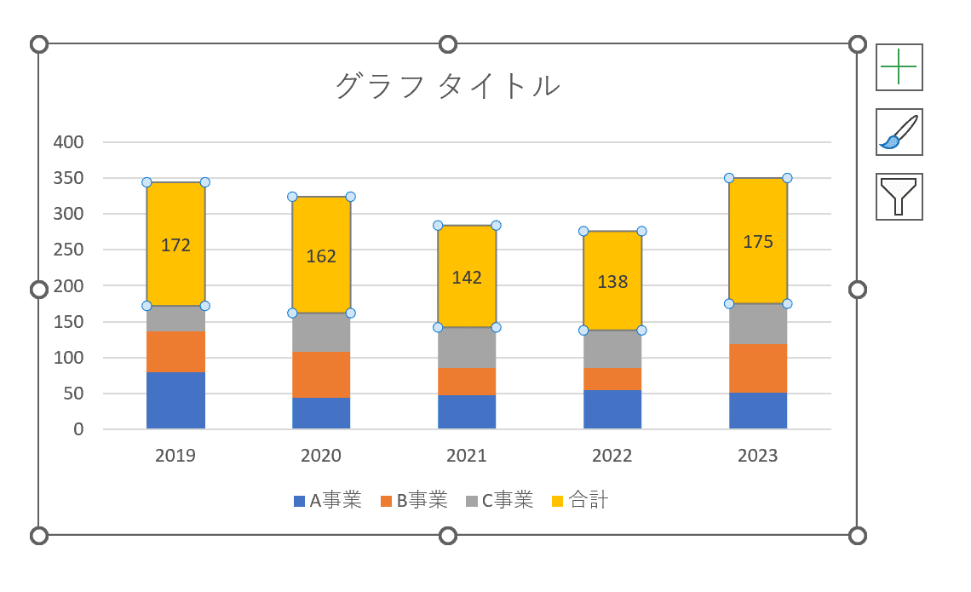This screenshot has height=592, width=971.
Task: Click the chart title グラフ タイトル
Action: (448, 86)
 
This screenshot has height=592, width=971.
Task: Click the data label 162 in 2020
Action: (321, 256)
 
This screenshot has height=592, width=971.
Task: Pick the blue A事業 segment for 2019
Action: (175, 400)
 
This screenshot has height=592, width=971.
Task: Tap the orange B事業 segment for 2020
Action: (321, 375)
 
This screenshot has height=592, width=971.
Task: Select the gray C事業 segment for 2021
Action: (467, 348)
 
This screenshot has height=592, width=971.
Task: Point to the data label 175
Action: (758, 242)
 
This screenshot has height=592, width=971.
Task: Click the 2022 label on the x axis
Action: (612, 456)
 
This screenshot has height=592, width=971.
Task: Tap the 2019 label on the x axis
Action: (175, 456)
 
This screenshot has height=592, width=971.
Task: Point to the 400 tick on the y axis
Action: (68, 142)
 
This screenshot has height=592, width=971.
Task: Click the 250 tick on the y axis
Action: (68, 250)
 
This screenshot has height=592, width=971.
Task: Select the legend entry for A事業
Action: (327, 501)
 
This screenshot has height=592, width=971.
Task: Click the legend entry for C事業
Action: (500, 501)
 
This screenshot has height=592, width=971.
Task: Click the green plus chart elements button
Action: (899, 67)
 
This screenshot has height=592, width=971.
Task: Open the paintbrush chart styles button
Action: (899, 132)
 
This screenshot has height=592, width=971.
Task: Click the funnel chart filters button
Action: (899, 197)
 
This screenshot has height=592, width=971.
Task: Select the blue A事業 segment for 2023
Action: (758, 411)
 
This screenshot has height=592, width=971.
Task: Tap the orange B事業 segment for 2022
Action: (612, 379)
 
